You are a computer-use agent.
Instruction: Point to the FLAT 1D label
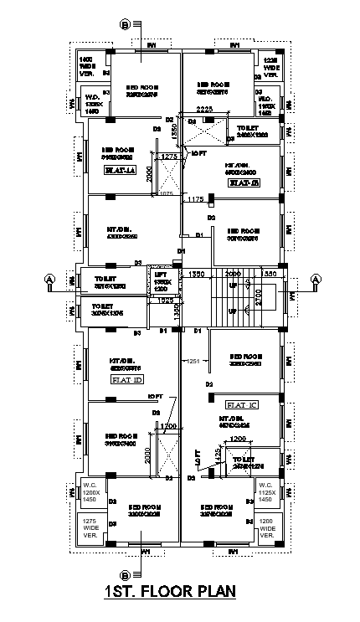pyautogui.click(x=126, y=378)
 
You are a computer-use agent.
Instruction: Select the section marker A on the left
pyautogui.click(x=49, y=278)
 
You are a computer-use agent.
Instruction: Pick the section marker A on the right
pyautogui.click(x=316, y=278)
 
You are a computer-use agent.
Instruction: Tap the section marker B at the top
pyautogui.click(x=126, y=25)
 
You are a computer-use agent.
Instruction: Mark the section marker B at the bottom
pyautogui.click(x=126, y=575)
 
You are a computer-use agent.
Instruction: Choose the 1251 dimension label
pyautogui.click(x=194, y=361)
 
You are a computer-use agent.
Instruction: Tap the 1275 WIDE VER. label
pyautogui.click(x=90, y=527)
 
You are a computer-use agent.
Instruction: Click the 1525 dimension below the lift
pyautogui.click(x=165, y=300)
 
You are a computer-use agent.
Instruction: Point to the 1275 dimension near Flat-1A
pyautogui.click(x=169, y=157)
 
